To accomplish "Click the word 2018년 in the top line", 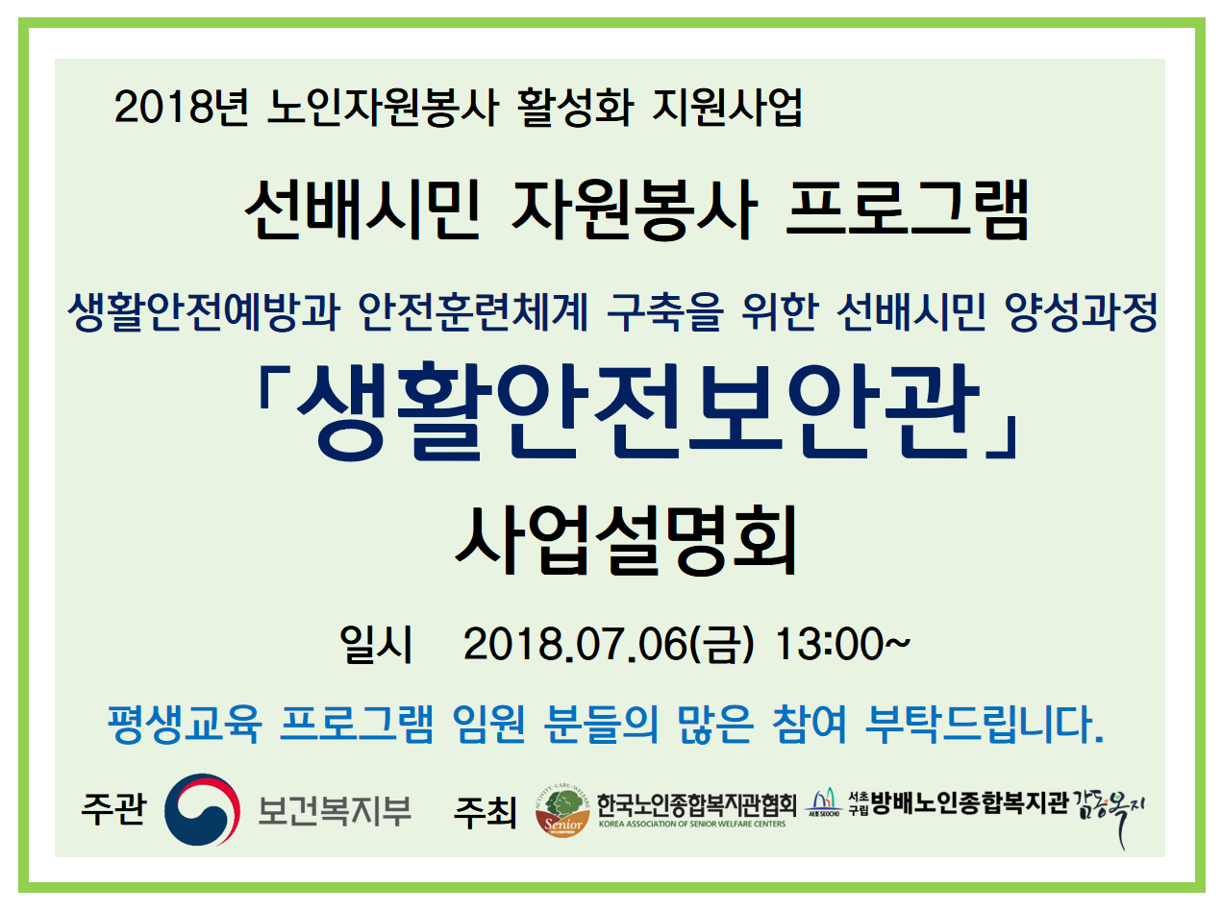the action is [x=181, y=107].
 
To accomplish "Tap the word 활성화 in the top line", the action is [x=576, y=107].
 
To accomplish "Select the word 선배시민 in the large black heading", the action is [x=362, y=210].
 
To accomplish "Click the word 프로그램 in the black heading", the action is [x=907, y=210].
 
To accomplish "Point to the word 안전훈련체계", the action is [x=473, y=312].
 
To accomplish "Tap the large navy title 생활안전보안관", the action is [x=638, y=411].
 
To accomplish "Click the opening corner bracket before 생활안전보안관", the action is [x=273, y=389].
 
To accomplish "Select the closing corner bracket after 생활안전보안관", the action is [x=1002, y=437].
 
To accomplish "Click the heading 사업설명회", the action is [x=626, y=540].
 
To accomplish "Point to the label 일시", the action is [x=376, y=644].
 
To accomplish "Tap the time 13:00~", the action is [x=842, y=644].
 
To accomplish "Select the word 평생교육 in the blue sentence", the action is [x=184, y=724].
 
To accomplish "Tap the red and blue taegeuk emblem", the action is [x=203, y=809].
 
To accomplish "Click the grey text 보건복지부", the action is [x=335, y=810].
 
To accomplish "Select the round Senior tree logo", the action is [x=562, y=812].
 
